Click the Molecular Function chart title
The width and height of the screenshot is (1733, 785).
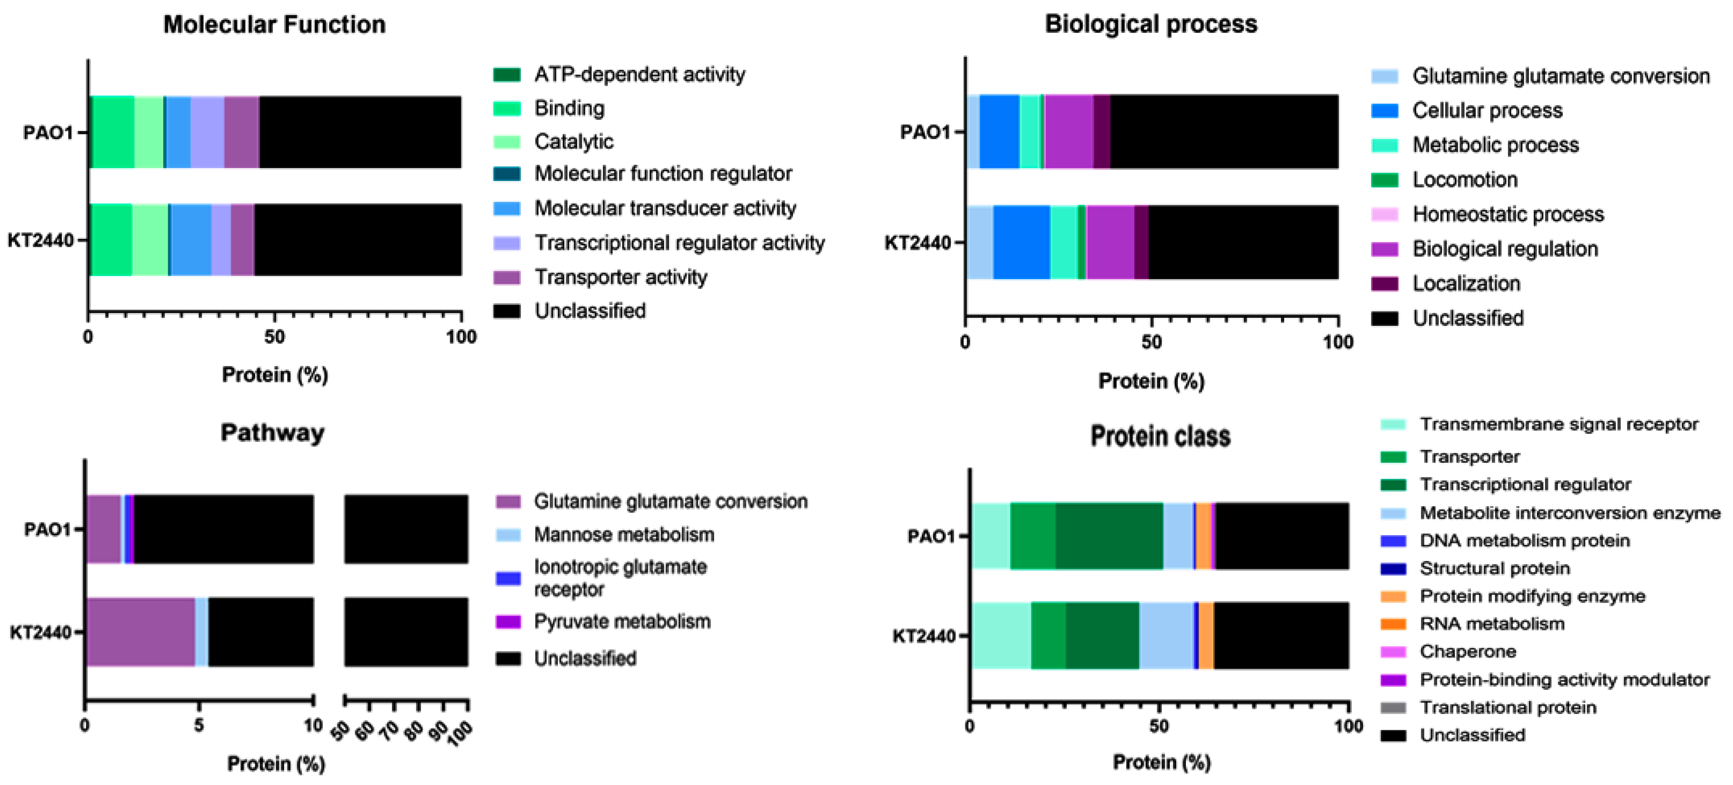click(x=275, y=25)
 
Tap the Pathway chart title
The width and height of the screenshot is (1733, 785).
click(x=272, y=433)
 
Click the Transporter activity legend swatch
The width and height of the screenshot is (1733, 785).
click(x=507, y=277)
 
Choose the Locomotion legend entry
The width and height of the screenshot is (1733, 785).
click(x=1465, y=180)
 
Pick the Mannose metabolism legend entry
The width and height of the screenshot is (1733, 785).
click(x=624, y=535)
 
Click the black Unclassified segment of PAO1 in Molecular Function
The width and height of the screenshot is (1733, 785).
click(x=360, y=132)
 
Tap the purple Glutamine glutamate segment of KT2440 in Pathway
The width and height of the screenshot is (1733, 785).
click(x=140, y=632)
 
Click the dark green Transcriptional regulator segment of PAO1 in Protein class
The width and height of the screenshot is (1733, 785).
click(x=1109, y=536)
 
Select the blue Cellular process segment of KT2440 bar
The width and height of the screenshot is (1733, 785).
click(x=1021, y=242)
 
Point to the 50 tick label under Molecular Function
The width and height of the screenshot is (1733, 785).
click(x=275, y=337)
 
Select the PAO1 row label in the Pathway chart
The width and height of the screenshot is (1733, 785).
click(x=47, y=529)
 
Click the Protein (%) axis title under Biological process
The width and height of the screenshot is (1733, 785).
click(x=1151, y=381)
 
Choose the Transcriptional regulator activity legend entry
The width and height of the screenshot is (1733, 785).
click(x=679, y=243)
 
